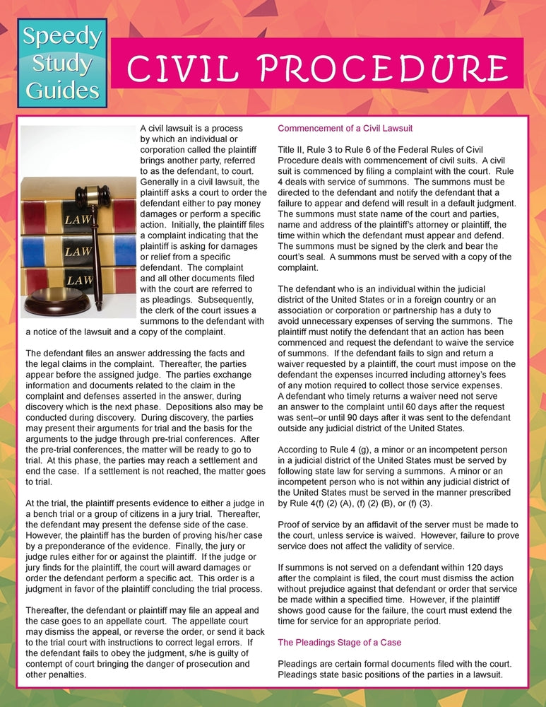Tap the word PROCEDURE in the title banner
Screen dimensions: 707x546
click(x=368, y=69)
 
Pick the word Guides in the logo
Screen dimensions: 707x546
click(x=62, y=90)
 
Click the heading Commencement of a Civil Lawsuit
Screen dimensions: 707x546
click(x=345, y=129)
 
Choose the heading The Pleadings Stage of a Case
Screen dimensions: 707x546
click(x=339, y=643)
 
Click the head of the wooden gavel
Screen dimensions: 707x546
click(x=91, y=196)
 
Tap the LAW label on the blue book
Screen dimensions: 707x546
click(x=79, y=251)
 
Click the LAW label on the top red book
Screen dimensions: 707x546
click(x=78, y=219)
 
